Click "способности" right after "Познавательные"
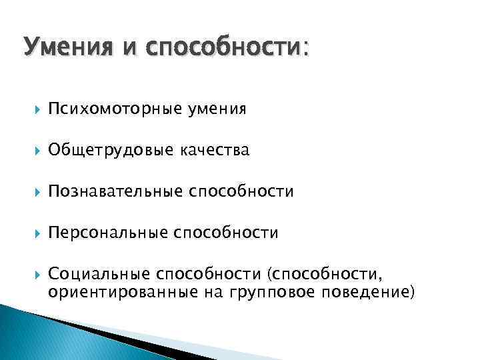tap(241, 193)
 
